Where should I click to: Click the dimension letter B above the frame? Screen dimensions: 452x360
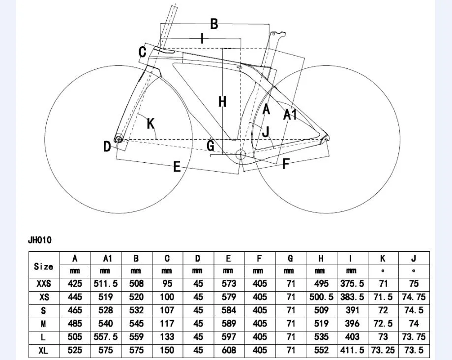coord(214,24)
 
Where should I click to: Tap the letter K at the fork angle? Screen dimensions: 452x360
coord(151,123)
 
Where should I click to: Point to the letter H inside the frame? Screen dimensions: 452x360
coord(222,102)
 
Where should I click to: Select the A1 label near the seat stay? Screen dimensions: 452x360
coord(290,115)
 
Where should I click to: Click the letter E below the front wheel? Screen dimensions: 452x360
coord(177,167)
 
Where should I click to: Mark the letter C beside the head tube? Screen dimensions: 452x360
coord(143,52)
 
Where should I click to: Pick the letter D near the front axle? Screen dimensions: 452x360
coord(107,147)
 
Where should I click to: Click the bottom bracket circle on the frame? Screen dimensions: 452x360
coord(241,155)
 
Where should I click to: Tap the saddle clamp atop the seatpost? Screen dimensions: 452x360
coord(278,34)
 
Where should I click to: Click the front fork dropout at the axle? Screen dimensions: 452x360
coord(118,139)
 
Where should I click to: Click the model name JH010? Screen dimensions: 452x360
coord(40,240)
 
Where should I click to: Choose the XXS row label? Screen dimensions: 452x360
coord(44,284)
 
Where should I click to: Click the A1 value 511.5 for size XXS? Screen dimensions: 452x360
coord(106,284)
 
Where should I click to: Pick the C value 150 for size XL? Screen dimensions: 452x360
coord(167,350)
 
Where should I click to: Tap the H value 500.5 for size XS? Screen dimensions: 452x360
coord(321,297)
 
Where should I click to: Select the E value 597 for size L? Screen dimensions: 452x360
coord(229,337)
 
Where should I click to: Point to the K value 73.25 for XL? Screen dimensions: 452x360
coord(383,350)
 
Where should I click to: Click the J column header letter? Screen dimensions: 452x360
coord(413,258)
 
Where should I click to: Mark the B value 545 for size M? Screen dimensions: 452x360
coord(136,324)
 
